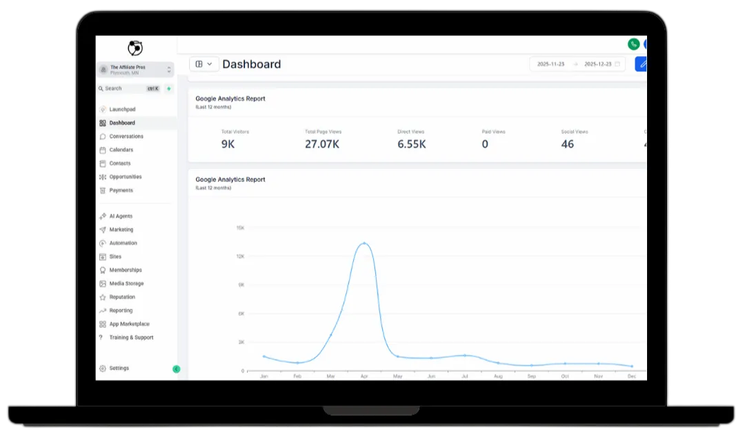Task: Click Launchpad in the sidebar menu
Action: pos(122,110)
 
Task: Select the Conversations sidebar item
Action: pos(126,136)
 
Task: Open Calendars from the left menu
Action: pos(121,150)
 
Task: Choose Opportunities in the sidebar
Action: pos(126,176)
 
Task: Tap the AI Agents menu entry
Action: pos(121,216)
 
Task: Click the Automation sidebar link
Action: pos(123,243)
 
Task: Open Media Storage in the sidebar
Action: pos(126,283)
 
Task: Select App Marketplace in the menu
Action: pos(129,324)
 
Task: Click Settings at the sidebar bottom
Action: pos(119,368)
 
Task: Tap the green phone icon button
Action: pos(633,44)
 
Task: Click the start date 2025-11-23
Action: pos(551,64)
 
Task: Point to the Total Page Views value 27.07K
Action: pos(322,144)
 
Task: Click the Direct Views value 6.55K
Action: pos(411,144)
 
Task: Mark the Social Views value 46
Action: pos(567,144)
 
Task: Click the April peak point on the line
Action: pos(364,243)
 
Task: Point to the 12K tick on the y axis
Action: pos(240,256)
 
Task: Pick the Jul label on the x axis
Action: pos(465,376)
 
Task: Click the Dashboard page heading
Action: pos(251,64)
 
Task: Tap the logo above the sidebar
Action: pos(135,48)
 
